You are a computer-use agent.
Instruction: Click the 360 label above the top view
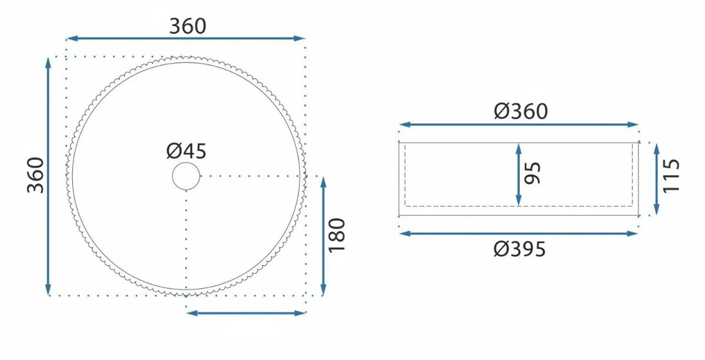187,26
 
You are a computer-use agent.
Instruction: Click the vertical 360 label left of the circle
35,175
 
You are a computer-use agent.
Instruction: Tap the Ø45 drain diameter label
186,151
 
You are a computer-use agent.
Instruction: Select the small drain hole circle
186,176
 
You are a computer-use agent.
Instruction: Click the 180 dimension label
337,235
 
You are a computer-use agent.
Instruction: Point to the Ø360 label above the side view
521,111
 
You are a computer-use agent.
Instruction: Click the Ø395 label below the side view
519,249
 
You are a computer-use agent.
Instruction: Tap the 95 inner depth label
532,173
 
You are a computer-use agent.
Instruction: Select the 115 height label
671,176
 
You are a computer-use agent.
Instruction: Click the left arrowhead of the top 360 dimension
72,38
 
